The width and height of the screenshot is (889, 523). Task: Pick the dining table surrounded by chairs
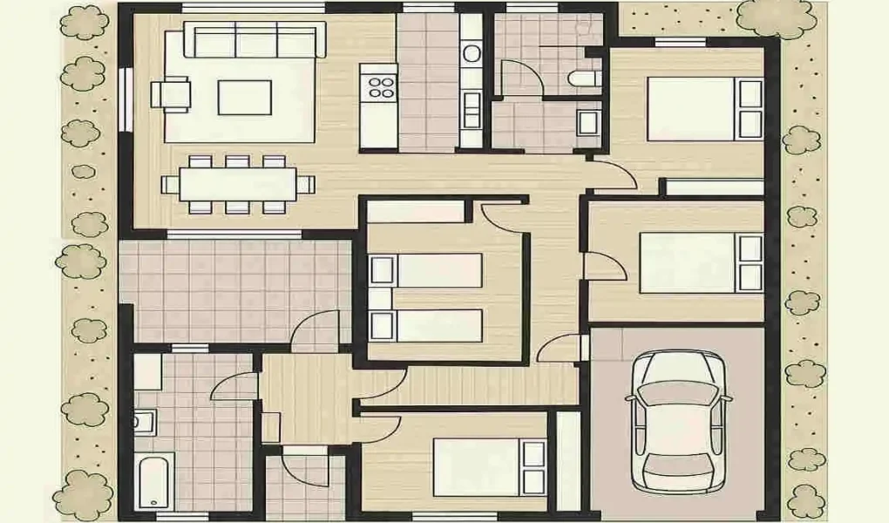[x=238, y=184]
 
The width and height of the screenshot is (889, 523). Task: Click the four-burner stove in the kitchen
[x=380, y=86]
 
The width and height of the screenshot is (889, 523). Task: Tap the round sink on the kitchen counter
[x=472, y=54]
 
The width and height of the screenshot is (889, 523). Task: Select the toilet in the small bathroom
[x=582, y=79]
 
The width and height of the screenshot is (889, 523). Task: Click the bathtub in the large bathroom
[x=155, y=482]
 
